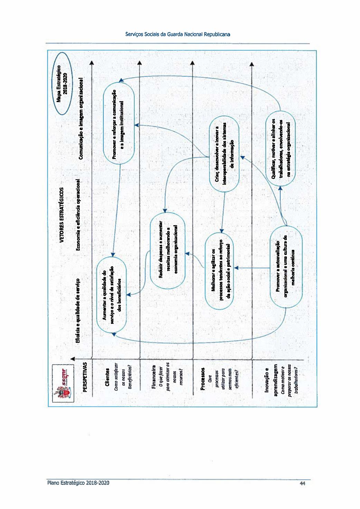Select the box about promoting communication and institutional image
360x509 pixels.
(119, 124)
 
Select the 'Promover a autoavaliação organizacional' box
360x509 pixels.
(285, 267)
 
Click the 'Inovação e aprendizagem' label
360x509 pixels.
(271, 380)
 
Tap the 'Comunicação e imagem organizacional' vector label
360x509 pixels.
(82, 118)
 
